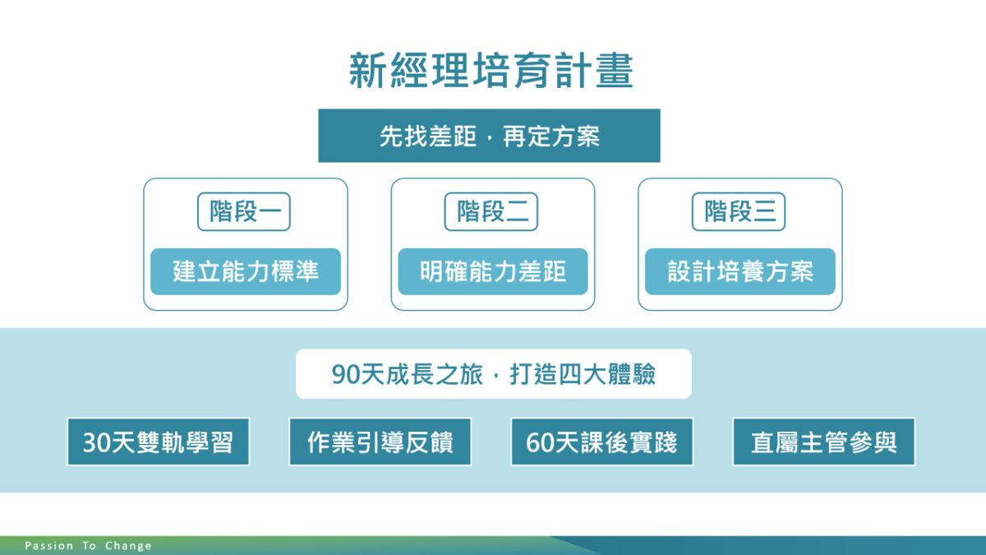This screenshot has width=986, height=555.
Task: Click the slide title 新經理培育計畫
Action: (x=491, y=71)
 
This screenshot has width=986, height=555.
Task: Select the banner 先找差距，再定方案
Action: (x=489, y=136)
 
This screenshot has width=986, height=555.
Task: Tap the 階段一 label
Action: (x=244, y=211)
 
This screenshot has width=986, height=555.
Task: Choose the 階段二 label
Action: (x=491, y=211)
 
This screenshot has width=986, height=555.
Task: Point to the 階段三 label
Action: (x=739, y=211)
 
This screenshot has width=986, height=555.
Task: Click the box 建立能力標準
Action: (x=246, y=271)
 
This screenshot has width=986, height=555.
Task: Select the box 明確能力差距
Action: (x=493, y=271)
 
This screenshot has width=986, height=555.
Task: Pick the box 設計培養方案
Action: (x=740, y=271)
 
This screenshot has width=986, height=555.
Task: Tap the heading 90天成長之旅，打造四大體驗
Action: (x=494, y=374)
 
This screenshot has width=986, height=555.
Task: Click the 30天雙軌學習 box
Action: (x=159, y=442)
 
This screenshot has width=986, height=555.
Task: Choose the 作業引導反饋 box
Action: (x=380, y=442)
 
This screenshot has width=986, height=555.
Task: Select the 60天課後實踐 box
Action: (x=601, y=442)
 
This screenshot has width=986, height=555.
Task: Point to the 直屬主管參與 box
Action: (x=823, y=442)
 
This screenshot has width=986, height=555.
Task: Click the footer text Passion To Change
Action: (x=88, y=546)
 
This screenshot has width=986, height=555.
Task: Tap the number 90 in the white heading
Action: (x=346, y=375)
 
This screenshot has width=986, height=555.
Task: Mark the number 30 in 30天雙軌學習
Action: (x=96, y=442)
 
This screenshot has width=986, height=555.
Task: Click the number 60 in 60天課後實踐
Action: (x=539, y=442)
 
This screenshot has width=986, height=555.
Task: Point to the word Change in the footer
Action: (x=128, y=546)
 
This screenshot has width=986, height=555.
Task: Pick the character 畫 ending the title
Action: (x=615, y=71)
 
